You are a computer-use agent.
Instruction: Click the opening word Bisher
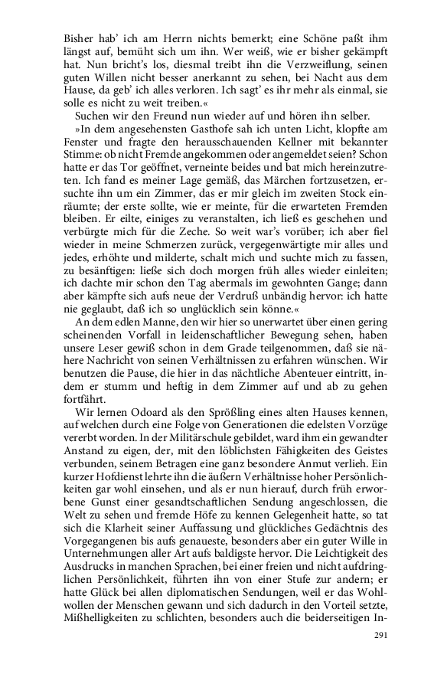[x=80, y=35]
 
